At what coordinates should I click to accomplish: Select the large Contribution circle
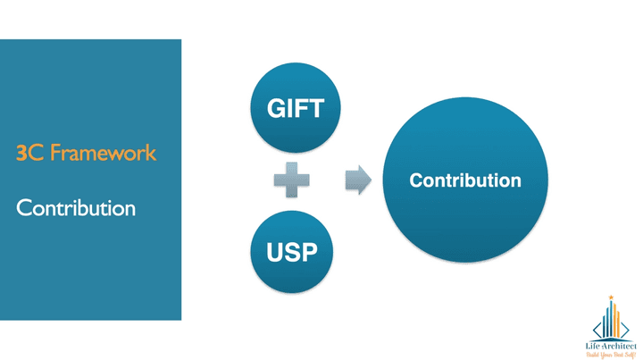464,180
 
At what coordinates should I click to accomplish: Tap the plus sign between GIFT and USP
292,180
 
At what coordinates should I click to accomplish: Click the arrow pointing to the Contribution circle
358,180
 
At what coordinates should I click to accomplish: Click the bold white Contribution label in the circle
464,180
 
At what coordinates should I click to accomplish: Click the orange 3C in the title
25,153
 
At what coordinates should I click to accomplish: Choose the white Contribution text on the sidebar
76,208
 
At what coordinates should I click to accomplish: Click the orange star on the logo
611,297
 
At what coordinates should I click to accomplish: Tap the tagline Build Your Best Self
611,353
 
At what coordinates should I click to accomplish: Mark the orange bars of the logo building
617,322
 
